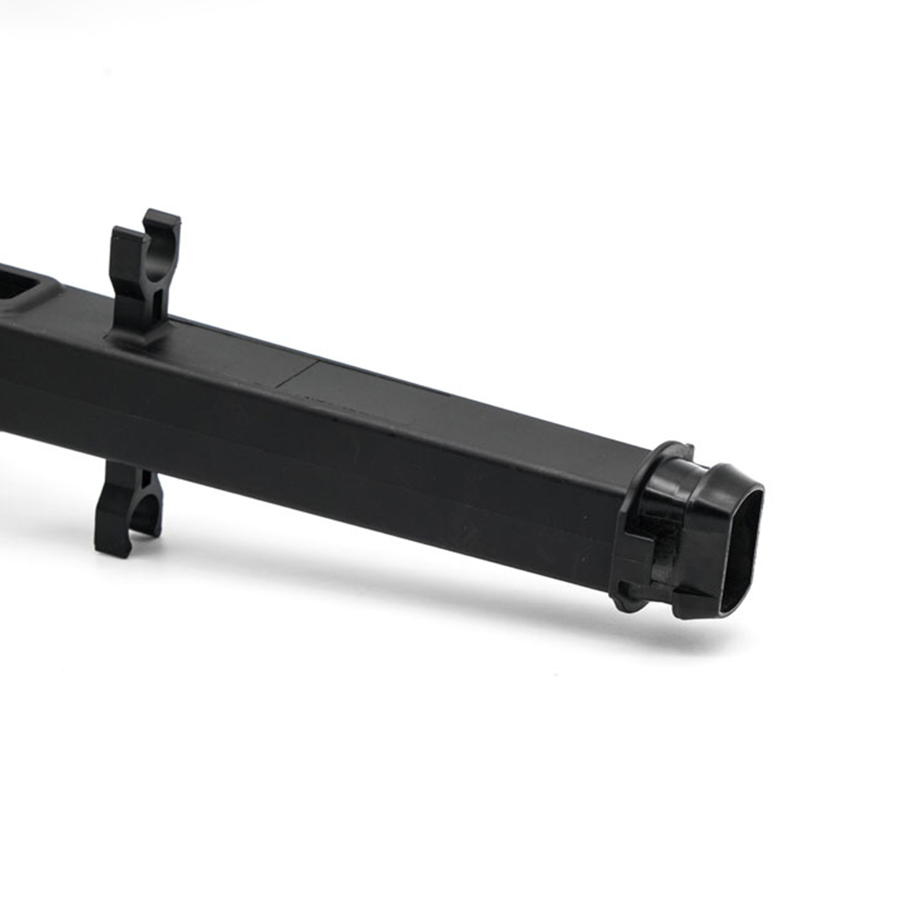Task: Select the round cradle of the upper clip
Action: (x=161, y=249)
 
